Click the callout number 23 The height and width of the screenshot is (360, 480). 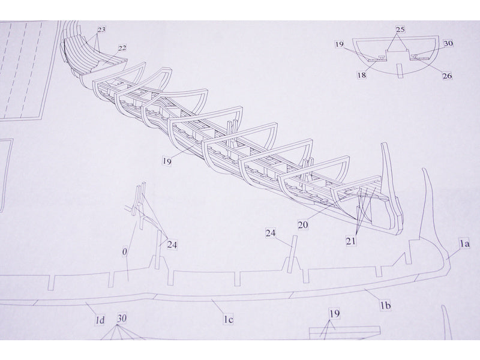tap(101, 29)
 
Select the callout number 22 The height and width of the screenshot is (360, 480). tap(122, 48)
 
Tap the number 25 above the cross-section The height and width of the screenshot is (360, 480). tap(400, 29)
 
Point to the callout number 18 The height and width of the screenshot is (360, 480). tap(362, 74)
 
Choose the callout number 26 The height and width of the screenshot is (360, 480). tap(447, 76)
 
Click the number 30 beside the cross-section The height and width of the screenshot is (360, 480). tap(448, 43)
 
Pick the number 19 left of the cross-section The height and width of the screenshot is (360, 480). tap(340, 44)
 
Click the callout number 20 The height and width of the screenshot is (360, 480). tap(303, 225)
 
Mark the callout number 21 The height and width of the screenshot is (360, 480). tap(351, 241)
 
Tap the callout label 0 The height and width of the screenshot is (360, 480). tap(124, 252)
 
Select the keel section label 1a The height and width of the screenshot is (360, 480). tap(464, 244)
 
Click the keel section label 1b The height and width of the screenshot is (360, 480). tap(386, 305)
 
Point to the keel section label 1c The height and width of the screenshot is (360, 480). tap(229, 320)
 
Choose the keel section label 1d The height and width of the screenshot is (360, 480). tap(100, 320)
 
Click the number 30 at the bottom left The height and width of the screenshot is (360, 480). tap(122, 319)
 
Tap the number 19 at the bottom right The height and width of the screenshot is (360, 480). tap(335, 314)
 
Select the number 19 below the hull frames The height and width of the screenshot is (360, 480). tap(167, 161)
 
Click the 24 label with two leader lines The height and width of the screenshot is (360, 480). tap(172, 245)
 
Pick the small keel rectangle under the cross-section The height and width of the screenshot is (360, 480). tap(400, 71)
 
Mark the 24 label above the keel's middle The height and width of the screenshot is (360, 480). tap(271, 233)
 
